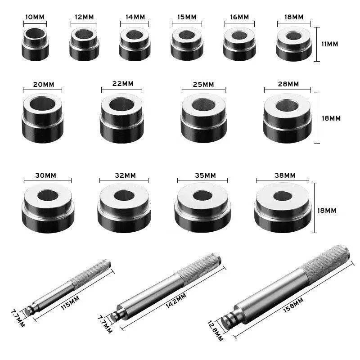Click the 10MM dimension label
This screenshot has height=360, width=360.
[35, 17]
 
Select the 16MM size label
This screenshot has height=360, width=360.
[239, 17]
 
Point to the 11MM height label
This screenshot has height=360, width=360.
[330, 44]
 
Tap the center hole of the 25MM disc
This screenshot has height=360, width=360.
[203, 105]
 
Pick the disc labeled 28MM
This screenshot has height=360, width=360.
[287, 118]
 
